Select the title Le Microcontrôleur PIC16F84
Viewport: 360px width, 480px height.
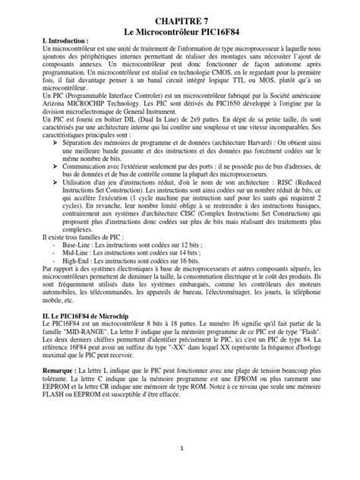coord(180,25)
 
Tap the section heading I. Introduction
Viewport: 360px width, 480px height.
coord(68,39)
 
